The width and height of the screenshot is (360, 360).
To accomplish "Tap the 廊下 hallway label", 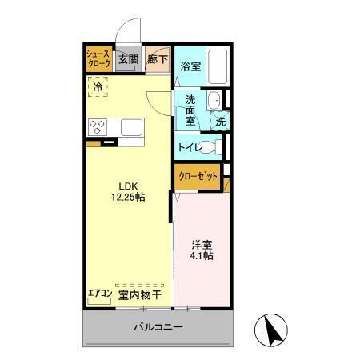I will point(157,59).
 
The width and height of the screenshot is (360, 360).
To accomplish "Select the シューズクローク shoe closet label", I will point(99,59).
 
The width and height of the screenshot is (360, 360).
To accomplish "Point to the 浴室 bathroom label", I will point(190,66).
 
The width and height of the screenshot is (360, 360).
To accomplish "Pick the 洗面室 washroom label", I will point(190,110).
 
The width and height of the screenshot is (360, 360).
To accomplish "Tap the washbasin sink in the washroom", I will point(214,102).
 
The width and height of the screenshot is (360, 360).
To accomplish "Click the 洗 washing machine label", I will point(218,122).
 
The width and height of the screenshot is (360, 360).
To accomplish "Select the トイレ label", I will point(188,147).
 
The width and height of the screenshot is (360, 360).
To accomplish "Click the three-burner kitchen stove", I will point(99,126).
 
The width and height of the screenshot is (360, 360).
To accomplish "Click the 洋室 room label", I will point(202,246).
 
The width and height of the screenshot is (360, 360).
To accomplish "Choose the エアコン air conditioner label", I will point(100,294).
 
